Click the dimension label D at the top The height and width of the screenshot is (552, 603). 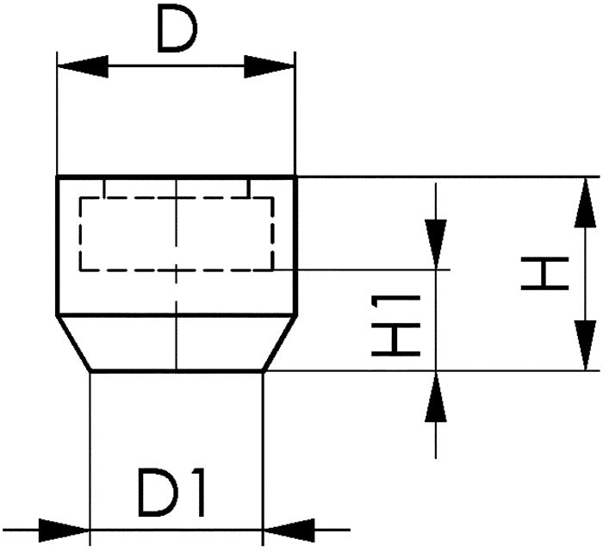point(177,33)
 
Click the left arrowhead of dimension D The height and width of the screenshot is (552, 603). point(82,66)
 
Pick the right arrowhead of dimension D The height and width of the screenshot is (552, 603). point(270,66)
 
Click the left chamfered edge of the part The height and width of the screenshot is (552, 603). point(74,344)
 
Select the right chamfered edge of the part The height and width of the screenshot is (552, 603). point(280,344)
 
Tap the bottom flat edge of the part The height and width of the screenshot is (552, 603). point(177,372)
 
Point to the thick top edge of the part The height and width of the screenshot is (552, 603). point(177,177)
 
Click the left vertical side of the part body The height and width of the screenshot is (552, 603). point(58,245)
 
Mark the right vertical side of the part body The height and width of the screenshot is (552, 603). point(296,245)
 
